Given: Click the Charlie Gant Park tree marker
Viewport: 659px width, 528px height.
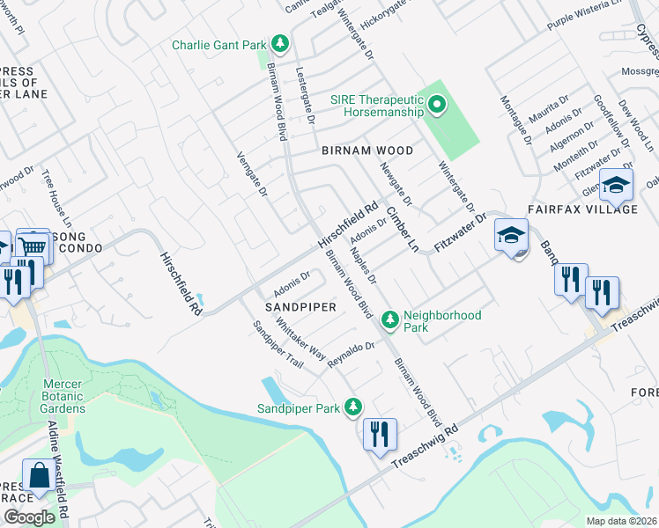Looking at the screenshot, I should pyautogui.click(x=280, y=43).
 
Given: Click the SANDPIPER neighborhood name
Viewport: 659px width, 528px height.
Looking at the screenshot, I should pyautogui.click(x=301, y=306).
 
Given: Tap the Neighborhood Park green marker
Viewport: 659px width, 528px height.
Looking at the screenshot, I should pyautogui.click(x=389, y=322).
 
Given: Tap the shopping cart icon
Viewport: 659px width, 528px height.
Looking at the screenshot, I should pyautogui.click(x=33, y=246).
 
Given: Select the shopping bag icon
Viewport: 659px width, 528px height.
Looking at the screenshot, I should pyautogui.click(x=40, y=476).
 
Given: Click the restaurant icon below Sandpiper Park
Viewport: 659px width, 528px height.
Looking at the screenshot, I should pyautogui.click(x=380, y=434).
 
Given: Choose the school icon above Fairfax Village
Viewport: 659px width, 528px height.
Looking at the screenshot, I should pyautogui.click(x=616, y=186).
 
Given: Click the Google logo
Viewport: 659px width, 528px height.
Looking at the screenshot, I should pyautogui.click(x=29, y=517).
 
